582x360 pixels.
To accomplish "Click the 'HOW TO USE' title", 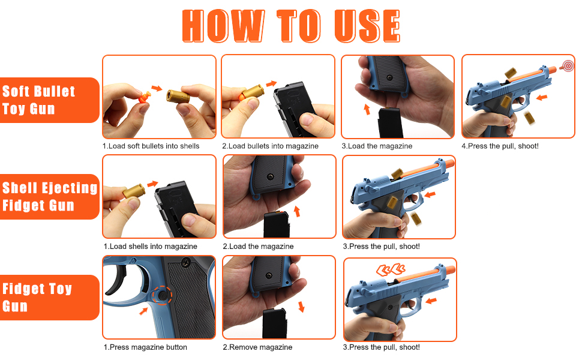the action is point(290,26).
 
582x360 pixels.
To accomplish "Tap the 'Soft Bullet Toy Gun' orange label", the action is point(49,100).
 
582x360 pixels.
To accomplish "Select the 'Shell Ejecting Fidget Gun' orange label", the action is point(49,197).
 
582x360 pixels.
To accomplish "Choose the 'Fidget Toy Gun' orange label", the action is point(49,297).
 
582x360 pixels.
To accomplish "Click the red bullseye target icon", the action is point(568,66).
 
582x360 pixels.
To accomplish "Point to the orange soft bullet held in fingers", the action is point(145,98).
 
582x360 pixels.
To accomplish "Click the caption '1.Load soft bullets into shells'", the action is point(151,146).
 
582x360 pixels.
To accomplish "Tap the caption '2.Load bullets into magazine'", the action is point(270,146).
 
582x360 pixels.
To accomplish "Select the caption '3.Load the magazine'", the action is point(377,146).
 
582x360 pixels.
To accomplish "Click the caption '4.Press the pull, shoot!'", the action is point(500,146).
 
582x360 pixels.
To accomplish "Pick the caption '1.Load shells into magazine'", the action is point(151,247).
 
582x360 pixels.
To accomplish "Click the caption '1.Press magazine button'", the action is point(145,347).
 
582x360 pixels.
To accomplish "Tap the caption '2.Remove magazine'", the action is point(257,347).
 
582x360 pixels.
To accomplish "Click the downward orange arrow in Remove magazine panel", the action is point(301,307).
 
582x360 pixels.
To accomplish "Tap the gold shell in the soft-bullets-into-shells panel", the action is point(178,96).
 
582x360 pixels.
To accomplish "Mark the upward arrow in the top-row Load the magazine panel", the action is point(367,109).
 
